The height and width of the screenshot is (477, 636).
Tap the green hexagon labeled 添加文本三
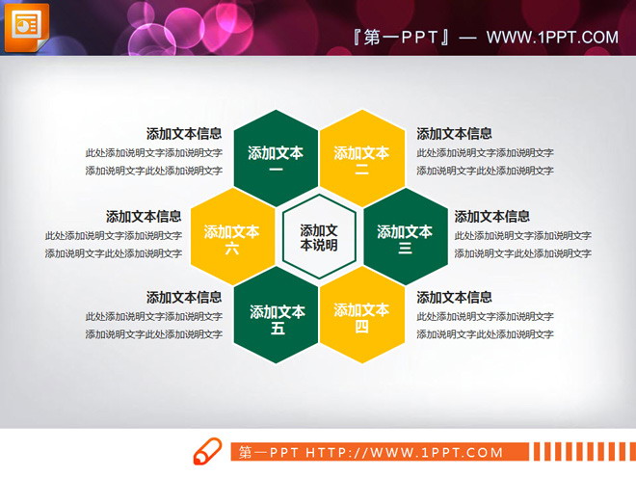coord(405,237)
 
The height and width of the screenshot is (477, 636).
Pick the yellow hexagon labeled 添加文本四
coord(361,316)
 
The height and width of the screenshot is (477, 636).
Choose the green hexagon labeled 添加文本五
coord(278,316)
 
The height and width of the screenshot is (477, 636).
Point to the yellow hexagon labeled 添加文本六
coord(232,237)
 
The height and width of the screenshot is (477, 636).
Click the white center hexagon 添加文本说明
coord(319,237)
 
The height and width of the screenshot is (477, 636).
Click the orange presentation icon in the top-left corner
coord(25,26)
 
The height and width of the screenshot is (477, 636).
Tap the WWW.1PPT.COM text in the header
coord(552,38)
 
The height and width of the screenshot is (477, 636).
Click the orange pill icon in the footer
coord(208,452)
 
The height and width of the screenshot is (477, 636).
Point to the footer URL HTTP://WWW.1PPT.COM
coord(405,452)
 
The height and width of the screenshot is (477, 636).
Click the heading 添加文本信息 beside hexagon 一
coord(184,134)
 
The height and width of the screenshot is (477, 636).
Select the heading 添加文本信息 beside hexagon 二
coord(454,134)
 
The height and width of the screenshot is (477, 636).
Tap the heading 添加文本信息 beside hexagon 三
coord(491,217)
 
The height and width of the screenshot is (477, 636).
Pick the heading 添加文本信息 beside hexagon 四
coord(454,297)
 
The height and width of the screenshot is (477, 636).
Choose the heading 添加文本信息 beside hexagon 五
coord(184,297)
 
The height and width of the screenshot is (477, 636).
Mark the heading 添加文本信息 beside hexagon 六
coord(144,217)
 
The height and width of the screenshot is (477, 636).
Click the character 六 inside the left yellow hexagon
coord(232,248)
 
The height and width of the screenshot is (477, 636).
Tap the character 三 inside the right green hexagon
coord(405,248)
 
